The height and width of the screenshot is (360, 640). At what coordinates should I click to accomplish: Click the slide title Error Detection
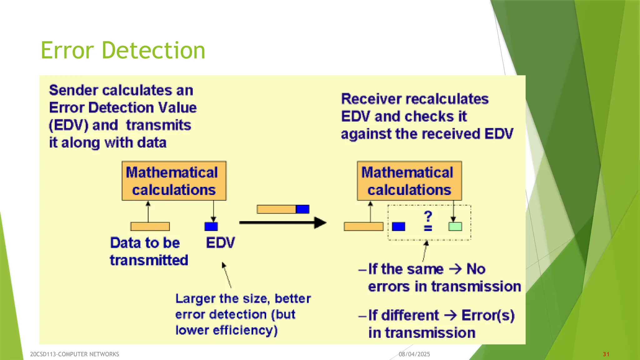click(123, 50)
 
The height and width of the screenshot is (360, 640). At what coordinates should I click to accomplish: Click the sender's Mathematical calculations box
click(174, 181)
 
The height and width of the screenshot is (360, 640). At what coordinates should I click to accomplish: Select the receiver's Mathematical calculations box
click(409, 181)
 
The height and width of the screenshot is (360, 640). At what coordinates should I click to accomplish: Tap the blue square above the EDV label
click(211, 227)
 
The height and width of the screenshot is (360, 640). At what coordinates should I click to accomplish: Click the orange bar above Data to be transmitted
click(150, 227)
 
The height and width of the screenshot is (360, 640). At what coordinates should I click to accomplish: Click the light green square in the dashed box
click(455, 227)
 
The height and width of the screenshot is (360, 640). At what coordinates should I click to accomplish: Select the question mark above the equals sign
click(428, 216)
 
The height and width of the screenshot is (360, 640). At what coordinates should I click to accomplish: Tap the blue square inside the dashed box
click(398, 227)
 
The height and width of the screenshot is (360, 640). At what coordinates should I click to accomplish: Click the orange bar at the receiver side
click(363, 227)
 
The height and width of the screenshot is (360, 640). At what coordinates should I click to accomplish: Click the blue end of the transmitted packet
click(302, 209)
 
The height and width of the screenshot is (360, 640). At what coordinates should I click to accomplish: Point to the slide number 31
click(606, 354)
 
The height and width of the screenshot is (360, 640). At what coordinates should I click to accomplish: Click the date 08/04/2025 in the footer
click(414, 354)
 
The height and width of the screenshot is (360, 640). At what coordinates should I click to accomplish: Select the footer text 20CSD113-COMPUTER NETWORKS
click(74, 354)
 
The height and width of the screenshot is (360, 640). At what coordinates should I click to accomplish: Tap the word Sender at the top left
click(73, 90)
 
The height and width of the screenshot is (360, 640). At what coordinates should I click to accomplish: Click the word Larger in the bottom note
click(195, 299)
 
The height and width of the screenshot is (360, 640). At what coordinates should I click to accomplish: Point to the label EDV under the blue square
click(220, 243)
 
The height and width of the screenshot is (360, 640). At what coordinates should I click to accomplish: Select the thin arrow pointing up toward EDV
click(227, 275)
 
